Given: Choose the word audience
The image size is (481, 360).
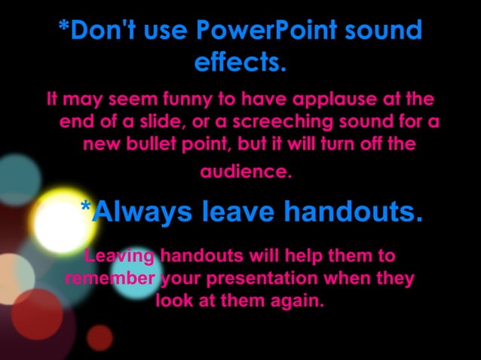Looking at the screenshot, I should pyautogui.click(x=244, y=172).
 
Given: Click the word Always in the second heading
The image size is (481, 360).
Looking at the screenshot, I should pyautogui.click(x=146, y=213).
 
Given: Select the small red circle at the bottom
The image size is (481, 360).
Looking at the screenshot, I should pyautogui.click(x=100, y=336).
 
